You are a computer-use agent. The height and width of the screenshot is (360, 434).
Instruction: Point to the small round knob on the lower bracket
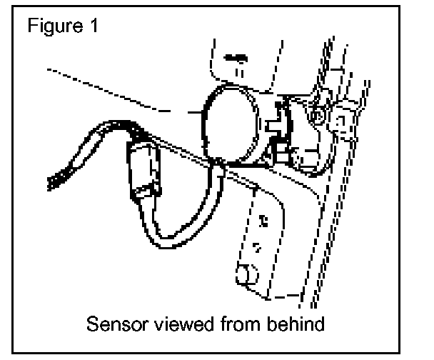pos(246,272)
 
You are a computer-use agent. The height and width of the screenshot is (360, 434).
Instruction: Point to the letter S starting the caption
pos(92,325)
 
